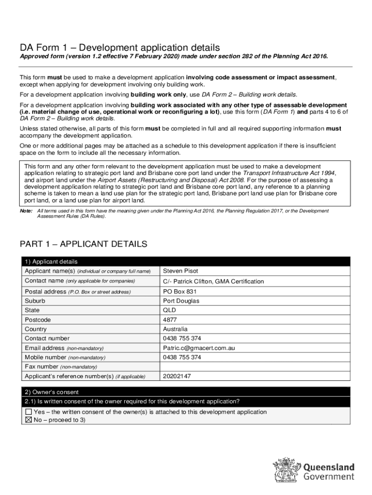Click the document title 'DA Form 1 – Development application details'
pos(119,47)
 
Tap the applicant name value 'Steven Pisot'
pos(181,271)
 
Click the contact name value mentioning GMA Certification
pos(214,281)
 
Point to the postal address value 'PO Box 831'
pos(180,291)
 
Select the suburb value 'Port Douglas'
pos(181,301)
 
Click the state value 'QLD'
pos(170,310)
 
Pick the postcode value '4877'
pos(171,320)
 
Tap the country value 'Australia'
pos(175,329)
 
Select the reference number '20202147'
pos(177,376)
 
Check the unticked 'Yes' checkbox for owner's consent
pos(29,412)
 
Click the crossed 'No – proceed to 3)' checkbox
pos(29,420)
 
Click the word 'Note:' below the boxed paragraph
pos(26,211)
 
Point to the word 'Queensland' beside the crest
pos(329,467)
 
